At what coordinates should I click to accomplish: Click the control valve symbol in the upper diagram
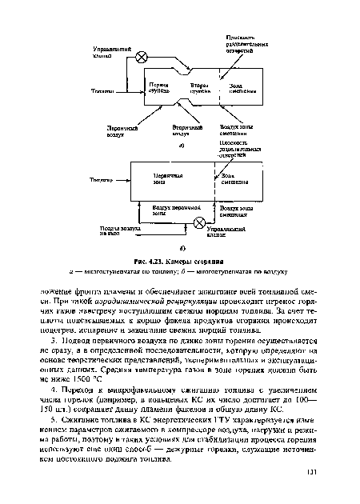142,56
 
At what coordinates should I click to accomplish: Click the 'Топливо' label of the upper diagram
102,90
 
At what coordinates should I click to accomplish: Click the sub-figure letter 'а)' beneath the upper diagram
182,147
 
